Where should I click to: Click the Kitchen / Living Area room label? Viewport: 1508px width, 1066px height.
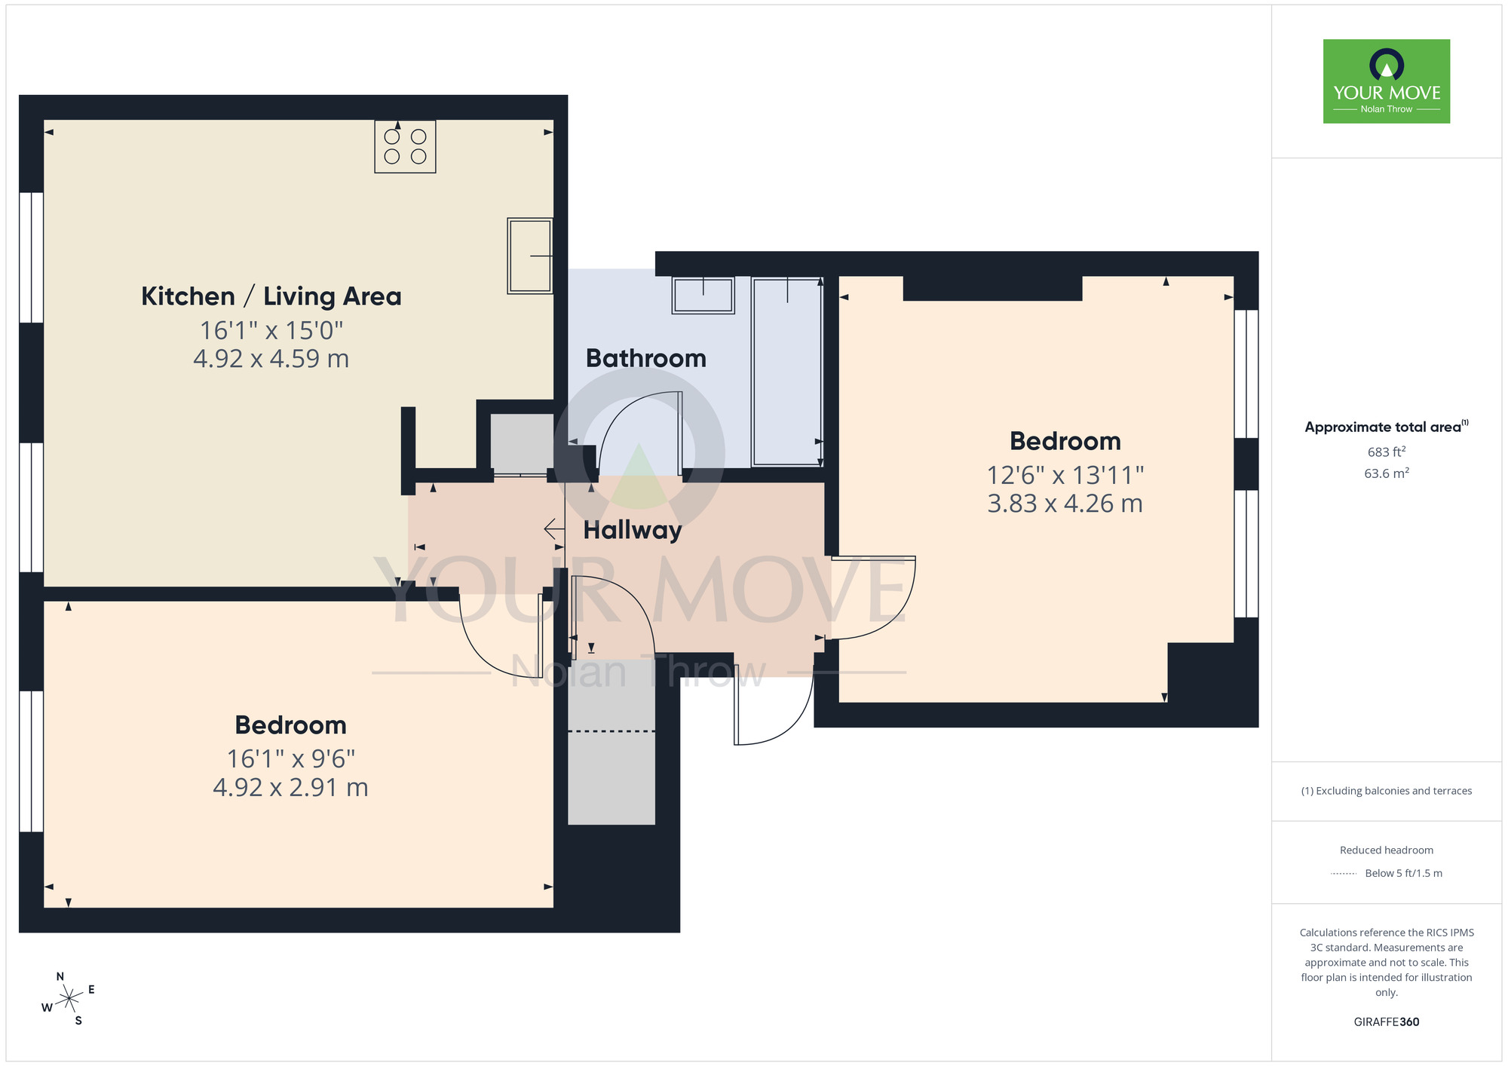[x=271, y=296]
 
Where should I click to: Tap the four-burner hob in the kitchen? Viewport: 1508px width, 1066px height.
[x=405, y=147]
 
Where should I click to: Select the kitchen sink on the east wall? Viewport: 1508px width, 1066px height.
[x=529, y=256]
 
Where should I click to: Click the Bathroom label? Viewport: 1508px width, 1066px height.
[x=645, y=358]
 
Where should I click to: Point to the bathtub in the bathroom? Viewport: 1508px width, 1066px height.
[x=786, y=372]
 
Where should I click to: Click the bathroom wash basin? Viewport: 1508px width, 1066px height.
[x=703, y=295]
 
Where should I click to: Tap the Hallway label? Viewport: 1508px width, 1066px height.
[x=632, y=530]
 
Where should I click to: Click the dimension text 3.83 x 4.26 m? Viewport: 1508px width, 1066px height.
[x=1065, y=504]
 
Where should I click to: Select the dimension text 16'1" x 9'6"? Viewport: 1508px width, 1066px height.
[x=290, y=758]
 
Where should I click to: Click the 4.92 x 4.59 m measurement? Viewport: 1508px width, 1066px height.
[x=271, y=359]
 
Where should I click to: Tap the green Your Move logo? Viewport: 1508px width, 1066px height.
[x=1386, y=81]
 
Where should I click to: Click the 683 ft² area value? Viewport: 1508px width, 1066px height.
[x=1386, y=452]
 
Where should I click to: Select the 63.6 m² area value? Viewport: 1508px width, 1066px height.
[x=1386, y=473]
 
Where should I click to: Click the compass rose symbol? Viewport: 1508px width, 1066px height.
[x=69, y=999]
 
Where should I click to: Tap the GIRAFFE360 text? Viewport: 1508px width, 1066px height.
[x=1386, y=1022]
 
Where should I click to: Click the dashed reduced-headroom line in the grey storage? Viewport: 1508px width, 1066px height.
[x=611, y=731]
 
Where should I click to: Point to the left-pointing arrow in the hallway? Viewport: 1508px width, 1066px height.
[x=553, y=529]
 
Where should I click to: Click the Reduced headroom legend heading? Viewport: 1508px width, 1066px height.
[x=1386, y=850]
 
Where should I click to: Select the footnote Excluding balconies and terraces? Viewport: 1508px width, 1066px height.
[x=1386, y=791]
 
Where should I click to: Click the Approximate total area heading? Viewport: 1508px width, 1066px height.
[x=1384, y=427]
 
